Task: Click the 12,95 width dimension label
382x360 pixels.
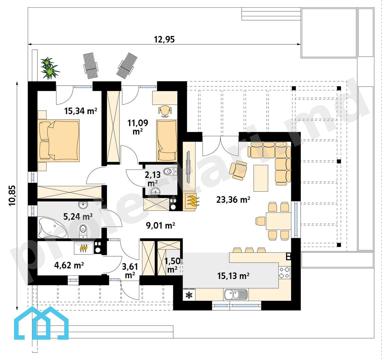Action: tap(164, 40)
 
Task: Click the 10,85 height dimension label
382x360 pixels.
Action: tap(12, 196)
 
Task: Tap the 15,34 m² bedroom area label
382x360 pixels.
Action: tap(81, 111)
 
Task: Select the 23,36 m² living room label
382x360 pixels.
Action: tap(233, 200)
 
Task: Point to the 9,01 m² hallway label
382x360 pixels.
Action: tap(161, 225)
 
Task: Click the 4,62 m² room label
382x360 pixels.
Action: tap(69, 265)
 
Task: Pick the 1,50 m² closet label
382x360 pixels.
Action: tap(173, 265)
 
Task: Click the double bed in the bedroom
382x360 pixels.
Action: tap(59, 140)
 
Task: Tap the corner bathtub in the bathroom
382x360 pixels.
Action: tap(53, 228)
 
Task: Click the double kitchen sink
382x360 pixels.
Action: tap(236, 294)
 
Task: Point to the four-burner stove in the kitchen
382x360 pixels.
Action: tap(284, 273)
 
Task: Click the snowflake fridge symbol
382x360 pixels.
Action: tap(189, 295)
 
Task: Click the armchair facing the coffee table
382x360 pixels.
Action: tap(238, 170)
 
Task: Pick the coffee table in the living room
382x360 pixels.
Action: tap(261, 178)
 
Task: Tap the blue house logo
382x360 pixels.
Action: tap(41, 323)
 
